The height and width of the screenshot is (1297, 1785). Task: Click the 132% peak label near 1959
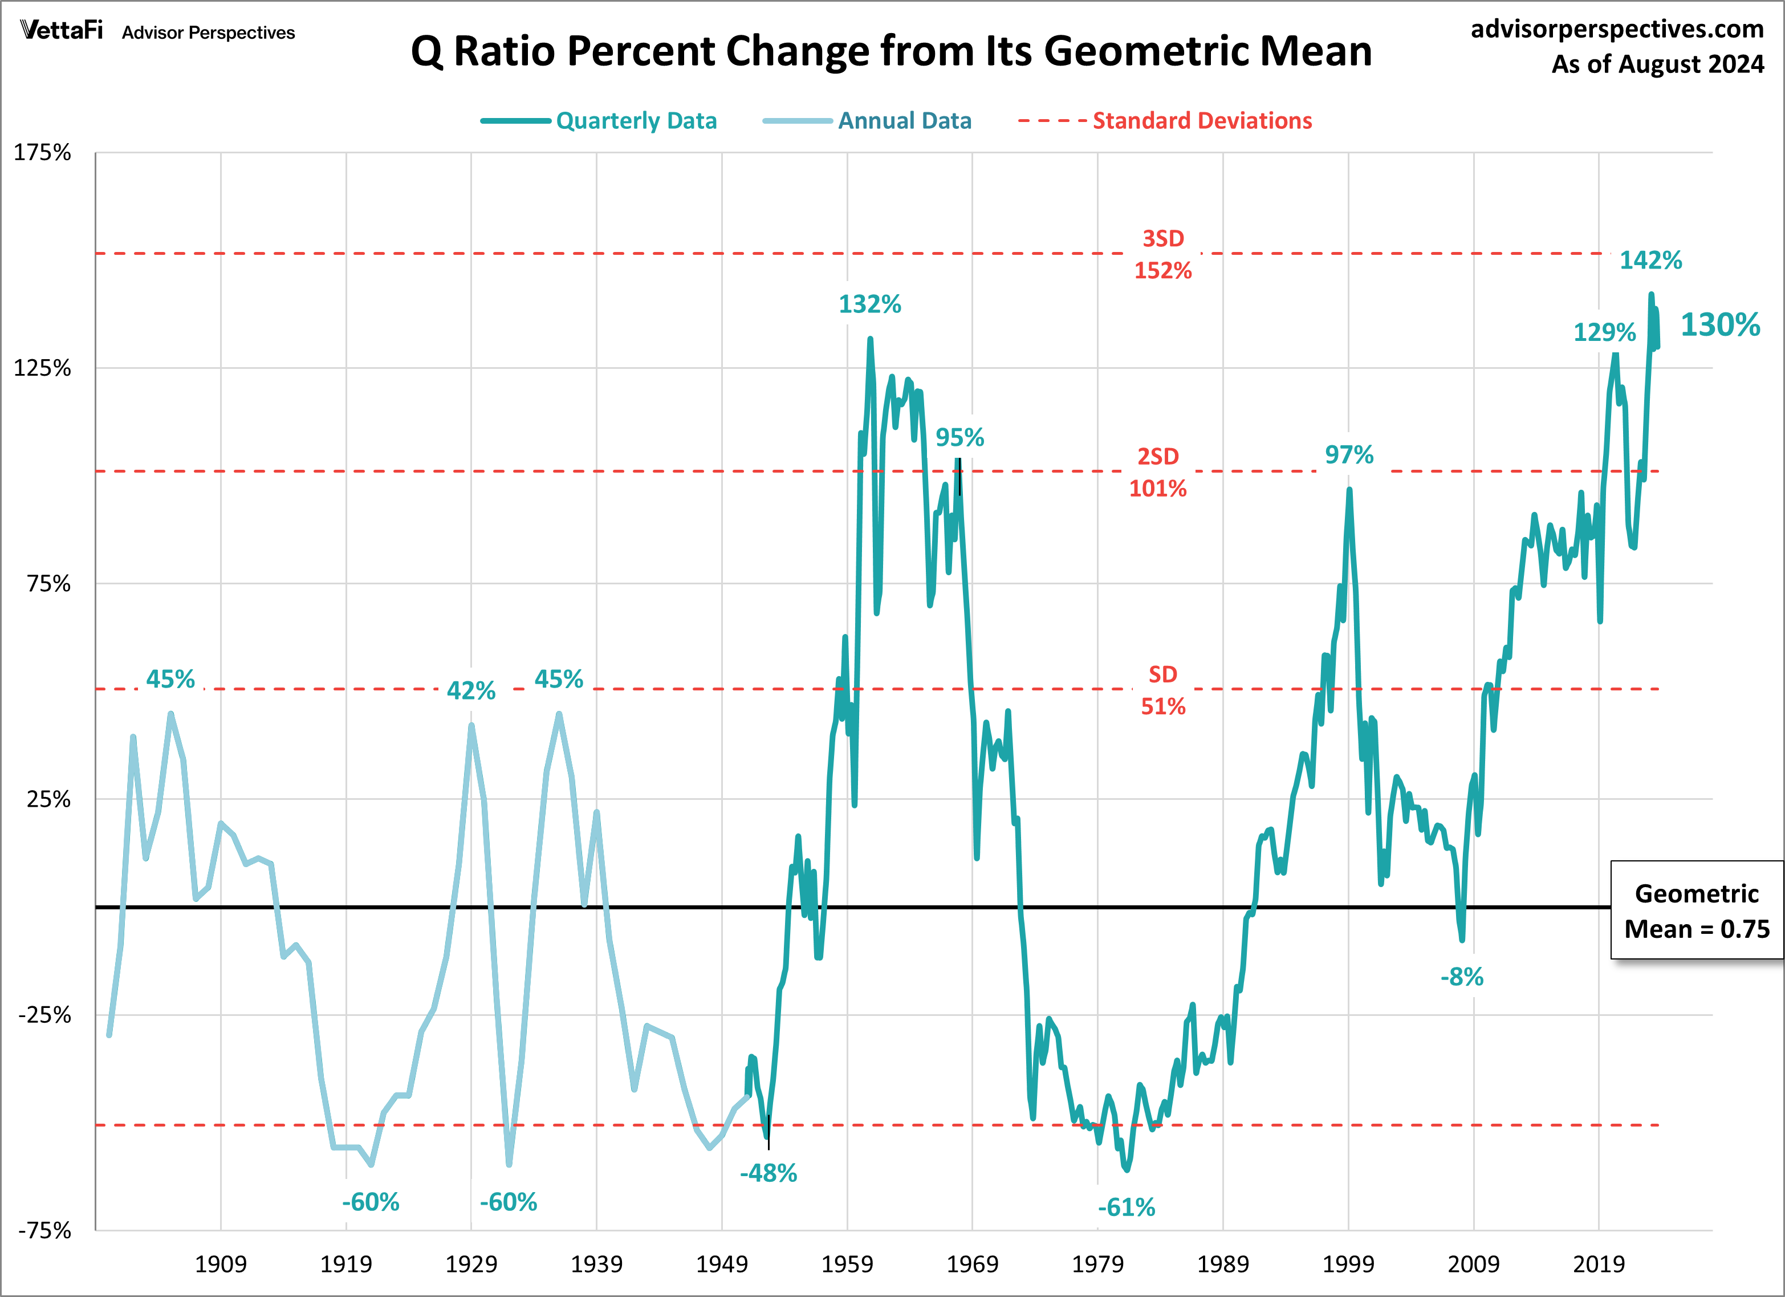pyautogui.click(x=869, y=304)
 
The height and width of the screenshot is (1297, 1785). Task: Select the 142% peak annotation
pyautogui.click(x=1650, y=260)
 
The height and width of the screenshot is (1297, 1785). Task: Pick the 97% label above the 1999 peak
pyautogui.click(x=1349, y=454)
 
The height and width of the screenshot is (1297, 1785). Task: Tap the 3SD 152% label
pyautogui.click(x=1162, y=254)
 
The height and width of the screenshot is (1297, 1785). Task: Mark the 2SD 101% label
pyautogui.click(x=1158, y=472)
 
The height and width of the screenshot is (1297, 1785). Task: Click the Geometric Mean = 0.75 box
pyautogui.click(x=1696, y=910)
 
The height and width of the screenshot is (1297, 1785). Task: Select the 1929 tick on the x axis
pyautogui.click(x=471, y=1264)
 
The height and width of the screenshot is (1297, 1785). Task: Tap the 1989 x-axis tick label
pyautogui.click(x=1222, y=1264)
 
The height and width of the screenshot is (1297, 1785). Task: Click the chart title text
pyautogui.click(x=891, y=51)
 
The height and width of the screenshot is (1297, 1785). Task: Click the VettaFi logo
pyautogui.click(x=62, y=31)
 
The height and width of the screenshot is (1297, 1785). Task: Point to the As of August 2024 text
pyautogui.click(x=1657, y=64)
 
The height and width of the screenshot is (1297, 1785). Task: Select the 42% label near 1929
pyautogui.click(x=471, y=690)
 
